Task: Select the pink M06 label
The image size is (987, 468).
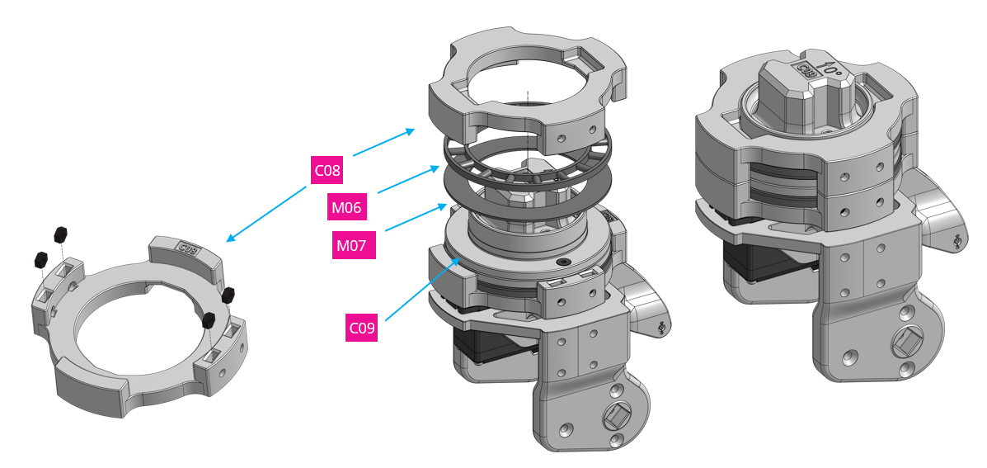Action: (346, 208)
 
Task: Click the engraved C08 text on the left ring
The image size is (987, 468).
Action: (187, 247)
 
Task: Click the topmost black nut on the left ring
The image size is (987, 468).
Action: (60, 232)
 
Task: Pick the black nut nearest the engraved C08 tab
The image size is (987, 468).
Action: (228, 294)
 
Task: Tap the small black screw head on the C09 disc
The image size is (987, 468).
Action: (563, 262)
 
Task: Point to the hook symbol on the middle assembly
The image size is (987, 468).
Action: (662, 328)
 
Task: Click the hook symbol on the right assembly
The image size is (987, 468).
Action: (956, 242)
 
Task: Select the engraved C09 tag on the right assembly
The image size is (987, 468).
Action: (806, 73)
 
